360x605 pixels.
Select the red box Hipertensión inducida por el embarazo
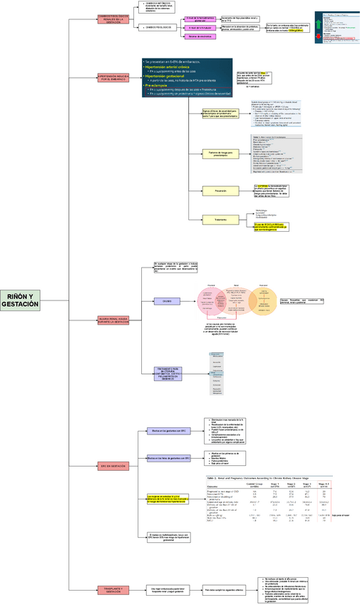click(113, 77)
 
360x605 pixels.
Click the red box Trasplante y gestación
click(113, 570)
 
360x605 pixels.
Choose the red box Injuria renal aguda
click(113, 321)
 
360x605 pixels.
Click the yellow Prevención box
click(220, 190)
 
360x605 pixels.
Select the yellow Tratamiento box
click(220, 219)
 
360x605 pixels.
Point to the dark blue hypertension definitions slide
click(187, 78)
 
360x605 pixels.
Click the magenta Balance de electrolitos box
click(201, 36)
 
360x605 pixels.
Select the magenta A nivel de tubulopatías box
click(201, 27)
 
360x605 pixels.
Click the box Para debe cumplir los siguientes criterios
click(224, 570)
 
